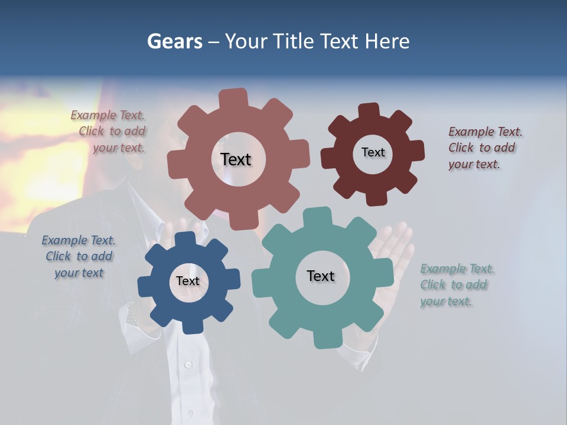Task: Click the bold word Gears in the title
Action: tap(174, 41)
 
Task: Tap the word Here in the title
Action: tap(387, 41)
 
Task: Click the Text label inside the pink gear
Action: tap(236, 159)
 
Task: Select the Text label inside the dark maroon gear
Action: tap(373, 152)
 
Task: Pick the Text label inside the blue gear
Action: tap(188, 281)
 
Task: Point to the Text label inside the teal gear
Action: tap(321, 276)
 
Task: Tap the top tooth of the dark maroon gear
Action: tap(369, 112)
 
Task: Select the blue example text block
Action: tap(79, 256)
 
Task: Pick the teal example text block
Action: tap(456, 285)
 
